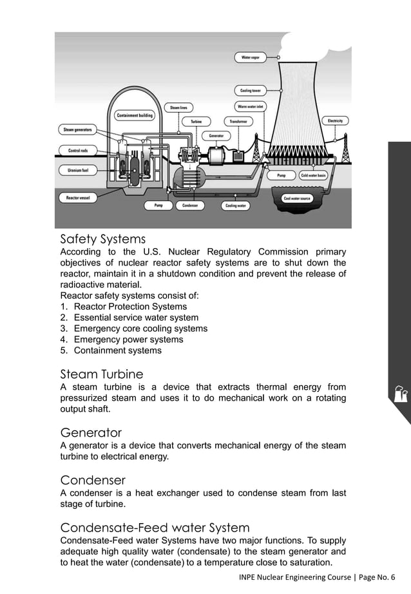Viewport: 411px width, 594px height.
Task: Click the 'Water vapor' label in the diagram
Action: pos(250,58)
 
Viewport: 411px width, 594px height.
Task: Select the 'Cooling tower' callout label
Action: pos(250,91)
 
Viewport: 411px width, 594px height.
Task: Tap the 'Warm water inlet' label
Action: pos(250,106)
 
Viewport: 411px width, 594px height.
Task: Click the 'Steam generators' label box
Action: pos(77,129)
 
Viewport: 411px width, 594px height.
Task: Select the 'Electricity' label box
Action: pos(335,120)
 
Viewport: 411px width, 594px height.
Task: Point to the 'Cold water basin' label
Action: pos(314,175)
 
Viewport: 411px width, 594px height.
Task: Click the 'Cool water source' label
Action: pos(297,198)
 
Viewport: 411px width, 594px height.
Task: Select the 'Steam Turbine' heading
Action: pos(101,374)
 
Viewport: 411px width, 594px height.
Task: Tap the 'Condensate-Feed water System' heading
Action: pos(155,528)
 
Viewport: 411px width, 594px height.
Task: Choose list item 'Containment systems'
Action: pos(117,350)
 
